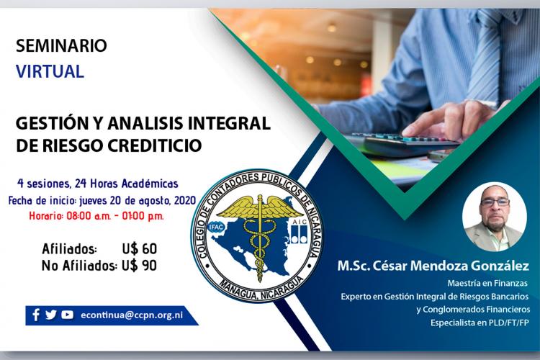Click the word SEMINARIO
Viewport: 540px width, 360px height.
point(61,46)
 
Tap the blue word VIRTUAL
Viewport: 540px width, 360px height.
point(50,71)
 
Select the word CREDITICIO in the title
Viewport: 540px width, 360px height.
point(155,145)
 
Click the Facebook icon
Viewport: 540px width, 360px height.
point(36,315)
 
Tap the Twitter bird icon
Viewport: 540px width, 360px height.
point(51,315)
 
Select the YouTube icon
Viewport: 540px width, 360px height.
point(67,315)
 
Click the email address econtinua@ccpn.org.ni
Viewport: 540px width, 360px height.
point(132,315)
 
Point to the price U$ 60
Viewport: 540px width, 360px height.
point(140,248)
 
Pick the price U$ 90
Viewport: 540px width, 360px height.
point(140,266)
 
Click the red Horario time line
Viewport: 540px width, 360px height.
point(96,216)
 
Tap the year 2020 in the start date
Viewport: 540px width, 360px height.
point(185,200)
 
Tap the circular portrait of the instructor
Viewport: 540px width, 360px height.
point(495,216)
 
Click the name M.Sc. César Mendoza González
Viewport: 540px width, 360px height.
point(433,266)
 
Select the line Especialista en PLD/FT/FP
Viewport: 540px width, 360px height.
point(480,323)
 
